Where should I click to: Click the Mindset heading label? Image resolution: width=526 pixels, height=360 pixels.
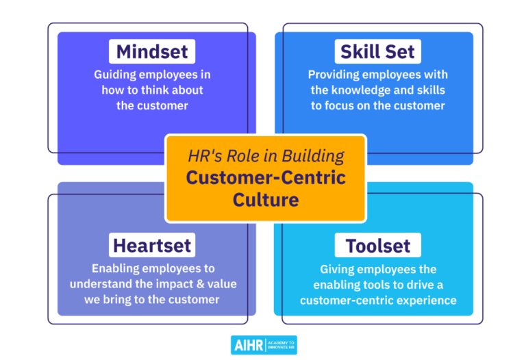(152, 52)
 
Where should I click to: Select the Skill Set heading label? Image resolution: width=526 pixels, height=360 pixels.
(377, 52)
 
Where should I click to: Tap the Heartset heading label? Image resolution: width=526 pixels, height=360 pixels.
(152, 245)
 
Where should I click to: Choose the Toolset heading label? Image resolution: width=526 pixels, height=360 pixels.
(377, 246)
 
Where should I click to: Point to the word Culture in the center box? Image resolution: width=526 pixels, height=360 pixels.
(266, 200)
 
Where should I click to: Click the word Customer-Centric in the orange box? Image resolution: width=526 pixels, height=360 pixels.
(266, 178)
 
